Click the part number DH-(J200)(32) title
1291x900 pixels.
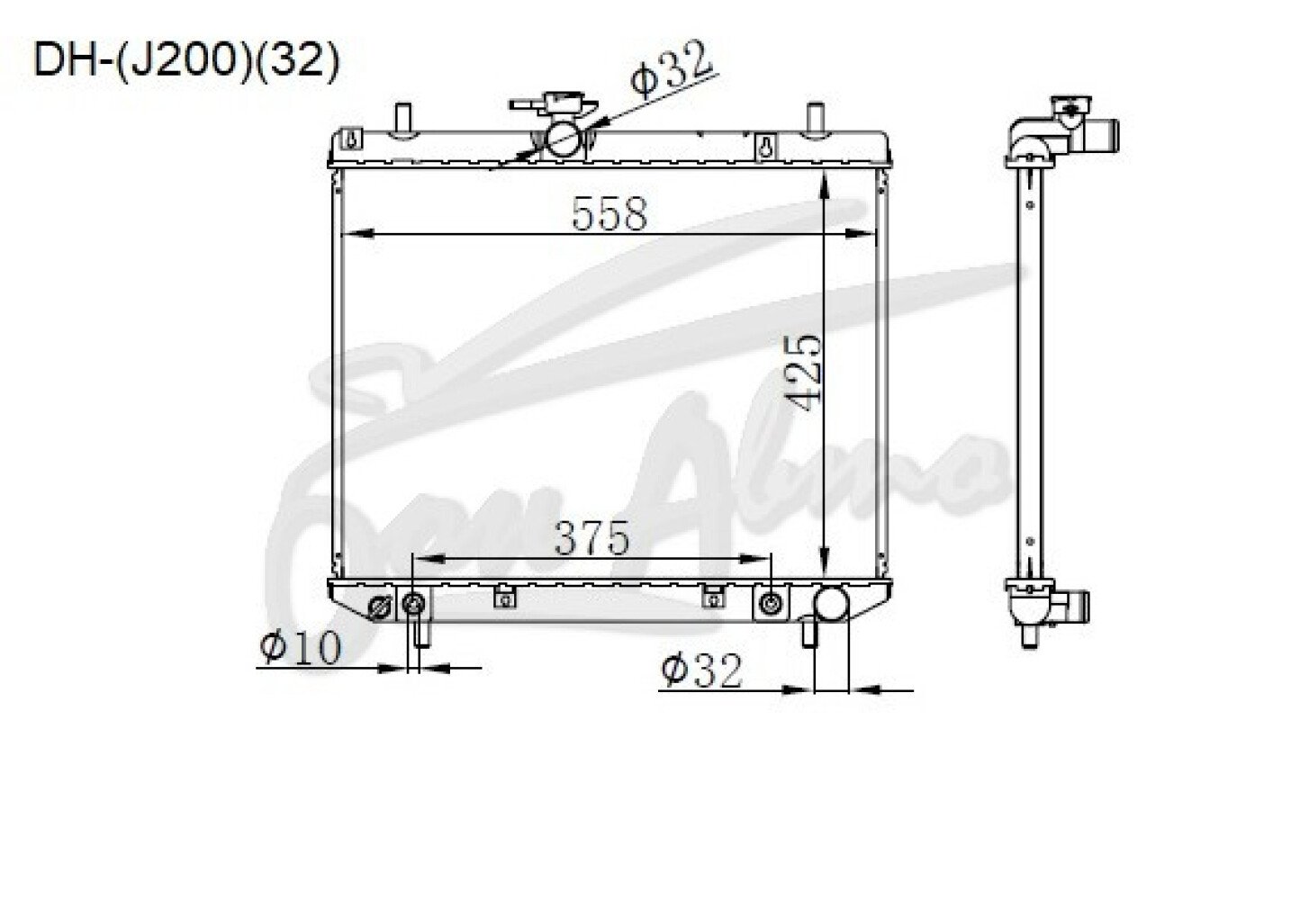[x=186, y=60]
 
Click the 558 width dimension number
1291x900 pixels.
[x=609, y=214]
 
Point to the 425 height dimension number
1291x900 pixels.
[x=805, y=373]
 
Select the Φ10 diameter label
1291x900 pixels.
[x=301, y=647]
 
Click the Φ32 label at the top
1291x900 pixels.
[x=672, y=67]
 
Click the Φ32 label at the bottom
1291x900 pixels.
[x=701, y=670]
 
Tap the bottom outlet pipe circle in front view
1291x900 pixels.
[x=830, y=603]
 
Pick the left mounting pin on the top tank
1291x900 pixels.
[x=403, y=121]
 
